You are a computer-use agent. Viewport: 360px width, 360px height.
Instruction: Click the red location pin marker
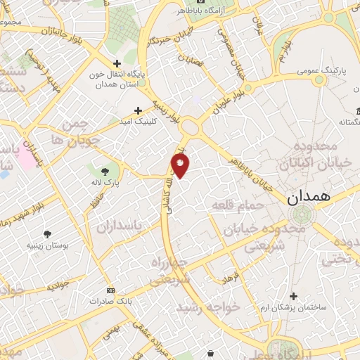pyautogui.click(x=180, y=166)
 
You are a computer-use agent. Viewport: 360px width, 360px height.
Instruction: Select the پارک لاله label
pyautogui.click(x=105, y=183)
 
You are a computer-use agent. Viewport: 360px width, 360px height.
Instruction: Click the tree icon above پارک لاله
pyautogui.click(x=105, y=171)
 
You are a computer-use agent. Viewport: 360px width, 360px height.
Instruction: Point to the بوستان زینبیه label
pyautogui.click(x=47, y=245)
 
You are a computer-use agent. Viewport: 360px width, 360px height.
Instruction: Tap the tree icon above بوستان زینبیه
pyautogui.click(x=47, y=234)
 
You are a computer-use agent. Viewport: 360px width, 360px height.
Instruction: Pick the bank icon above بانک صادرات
pyautogui.click(x=110, y=290)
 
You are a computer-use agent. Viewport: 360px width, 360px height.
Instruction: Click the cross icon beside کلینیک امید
pyautogui.click(x=138, y=110)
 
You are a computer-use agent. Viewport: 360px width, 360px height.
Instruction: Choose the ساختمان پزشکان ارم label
pyautogui.click(x=294, y=308)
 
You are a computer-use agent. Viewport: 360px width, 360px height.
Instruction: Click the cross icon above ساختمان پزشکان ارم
pyautogui.click(x=294, y=296)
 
